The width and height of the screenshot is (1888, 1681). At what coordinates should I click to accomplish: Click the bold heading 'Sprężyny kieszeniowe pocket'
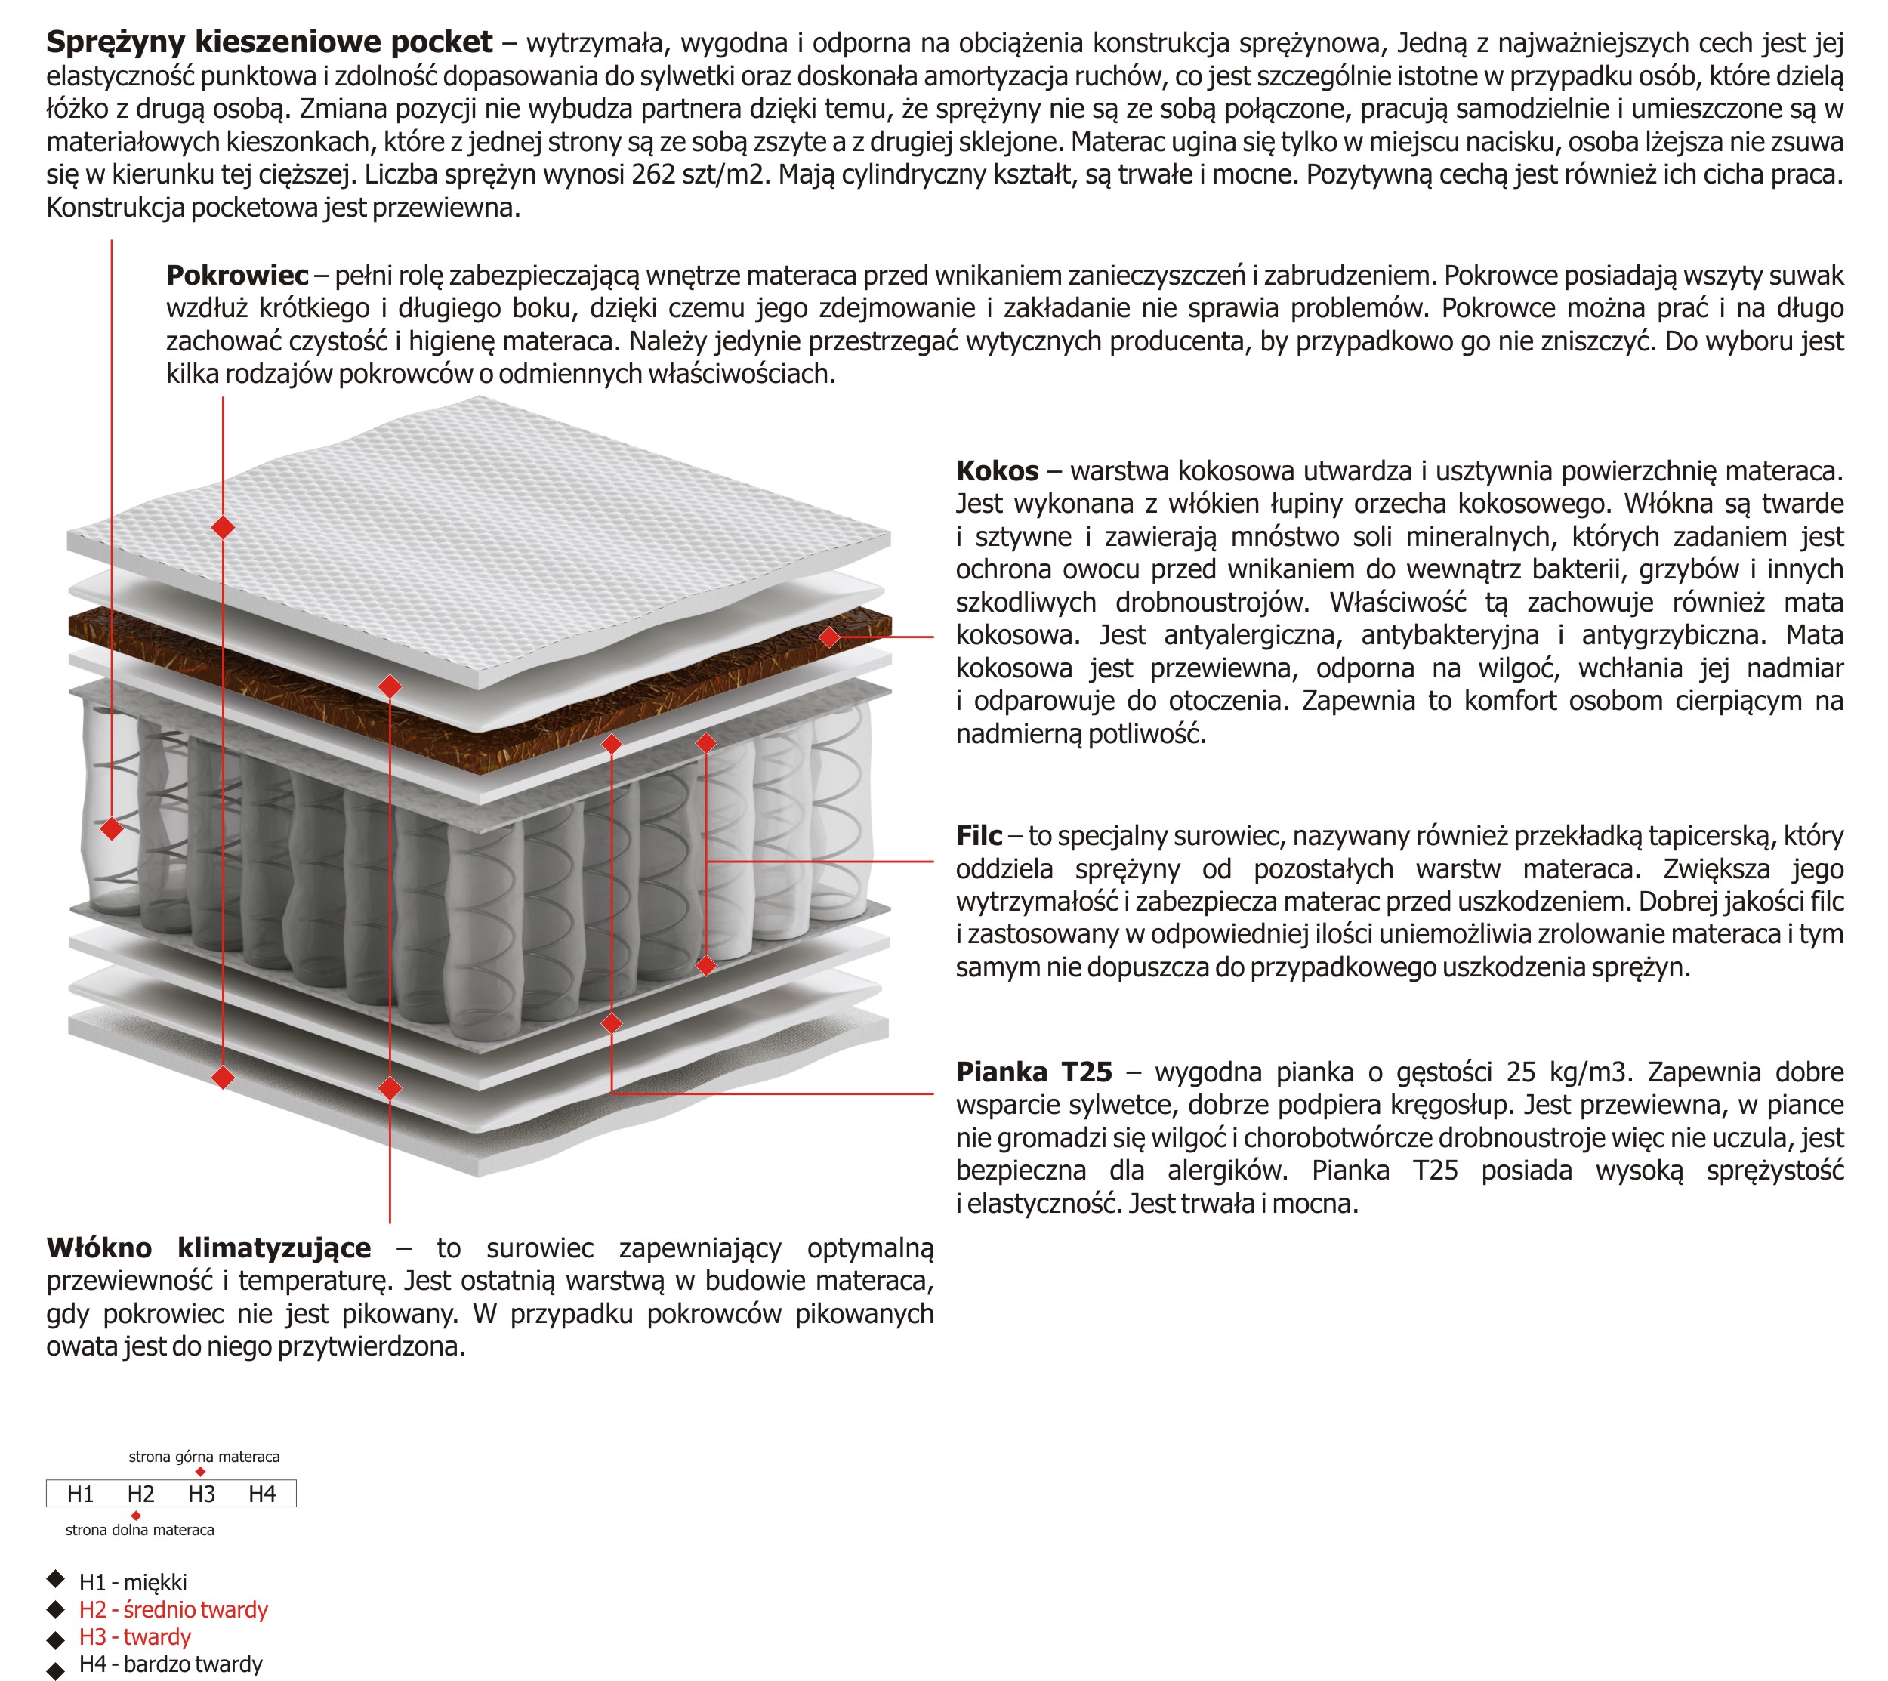(269, 42)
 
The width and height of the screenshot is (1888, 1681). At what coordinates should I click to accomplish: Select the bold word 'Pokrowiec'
(236, 275)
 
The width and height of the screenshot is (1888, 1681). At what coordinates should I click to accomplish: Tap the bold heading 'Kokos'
(997, 471)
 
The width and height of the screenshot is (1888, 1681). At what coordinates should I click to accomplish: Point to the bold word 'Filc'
(978, 836)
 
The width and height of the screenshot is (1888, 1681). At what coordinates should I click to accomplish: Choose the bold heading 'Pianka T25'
(1034, 1072)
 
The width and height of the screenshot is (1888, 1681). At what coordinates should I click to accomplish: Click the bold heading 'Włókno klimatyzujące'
(208, 1248)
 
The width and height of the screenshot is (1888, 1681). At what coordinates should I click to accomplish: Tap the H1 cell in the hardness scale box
(80, 1494)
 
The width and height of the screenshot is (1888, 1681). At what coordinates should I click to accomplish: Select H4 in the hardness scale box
(261, 1494)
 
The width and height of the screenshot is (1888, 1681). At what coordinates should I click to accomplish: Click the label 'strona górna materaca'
(203, 1457)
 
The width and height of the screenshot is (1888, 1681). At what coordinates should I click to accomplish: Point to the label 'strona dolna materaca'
(140, 1531)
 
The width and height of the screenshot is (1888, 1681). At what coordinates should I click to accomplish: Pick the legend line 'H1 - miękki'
(133, 1582)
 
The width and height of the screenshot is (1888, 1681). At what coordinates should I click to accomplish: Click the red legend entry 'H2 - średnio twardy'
(173, 1610)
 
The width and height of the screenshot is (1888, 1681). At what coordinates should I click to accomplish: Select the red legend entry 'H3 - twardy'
(135, 1638)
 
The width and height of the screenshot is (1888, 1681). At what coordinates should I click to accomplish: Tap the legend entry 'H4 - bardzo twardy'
(171, 1664)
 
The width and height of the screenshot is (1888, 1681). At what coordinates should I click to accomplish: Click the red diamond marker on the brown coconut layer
(828, 637)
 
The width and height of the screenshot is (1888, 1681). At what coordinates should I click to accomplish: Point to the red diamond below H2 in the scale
(136, 1516)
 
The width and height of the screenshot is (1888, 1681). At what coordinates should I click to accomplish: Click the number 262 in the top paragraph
(653, 174)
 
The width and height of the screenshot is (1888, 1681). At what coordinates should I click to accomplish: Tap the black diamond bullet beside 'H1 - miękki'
(55, 1578)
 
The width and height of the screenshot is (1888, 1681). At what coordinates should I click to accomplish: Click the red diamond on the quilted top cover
(223, 527)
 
